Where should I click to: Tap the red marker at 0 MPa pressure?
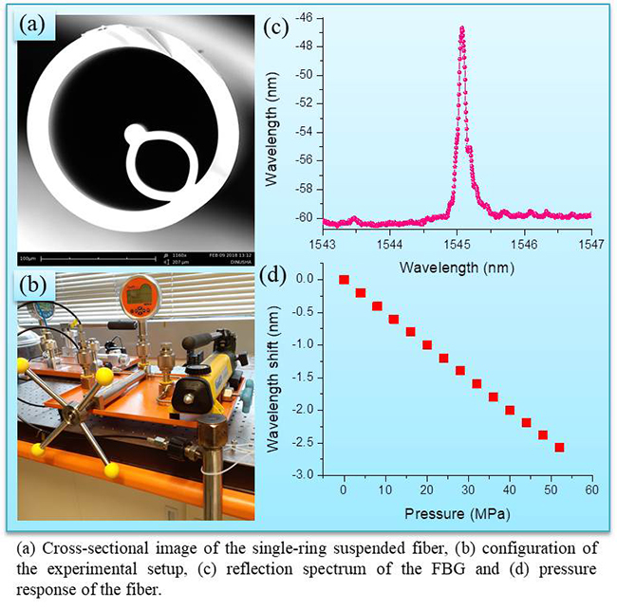coord(344,280)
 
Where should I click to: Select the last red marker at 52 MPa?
coord(559,447)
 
